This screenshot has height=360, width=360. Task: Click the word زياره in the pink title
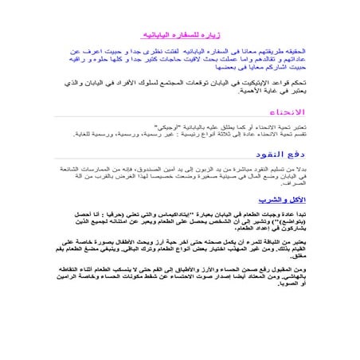click(205, 36)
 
